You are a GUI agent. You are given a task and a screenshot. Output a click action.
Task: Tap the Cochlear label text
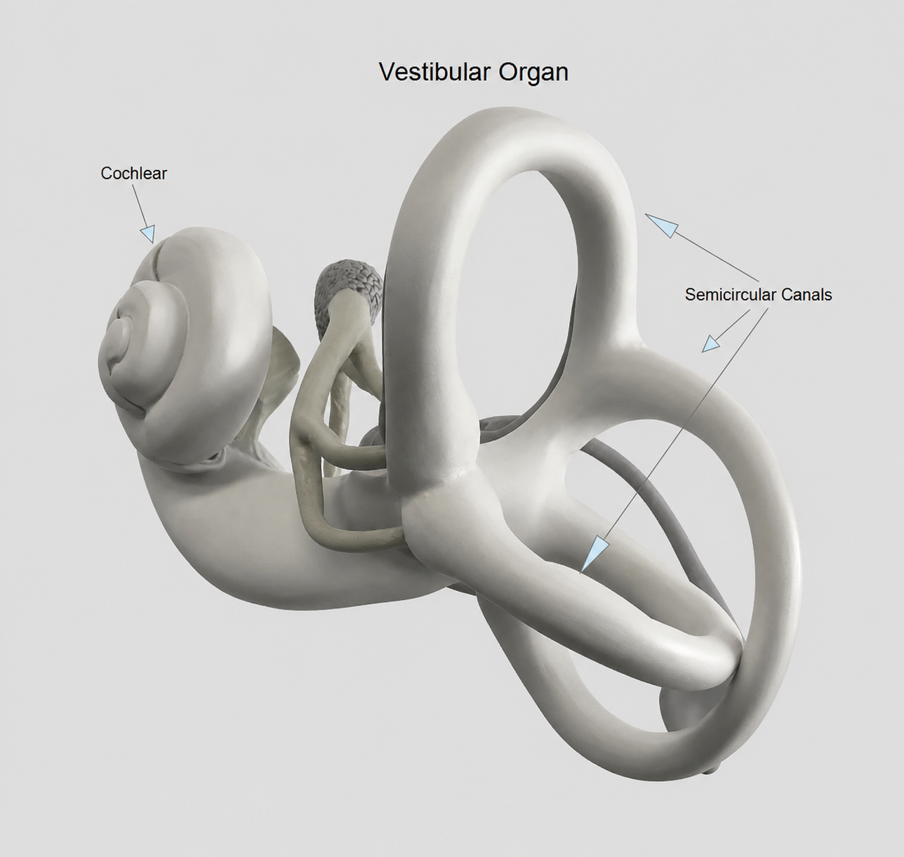click(133, 173)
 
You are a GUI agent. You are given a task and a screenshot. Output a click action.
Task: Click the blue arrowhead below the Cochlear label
click(147, 233)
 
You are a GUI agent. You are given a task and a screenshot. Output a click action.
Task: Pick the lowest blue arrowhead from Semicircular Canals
click(594, 555)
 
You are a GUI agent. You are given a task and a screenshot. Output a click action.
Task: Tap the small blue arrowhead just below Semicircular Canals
click(710, 344)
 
